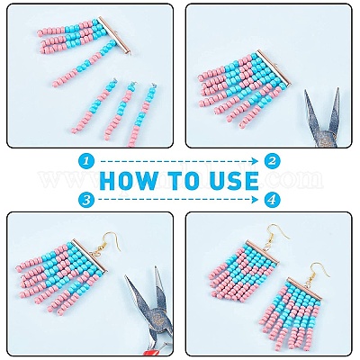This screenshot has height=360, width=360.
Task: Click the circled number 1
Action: [x=86, y=161]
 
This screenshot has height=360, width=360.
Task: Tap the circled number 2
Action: [x=272, y=161]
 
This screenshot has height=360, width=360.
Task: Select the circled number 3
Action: [x=86, y=200]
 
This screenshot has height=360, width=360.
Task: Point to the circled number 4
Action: [x=272, y=200]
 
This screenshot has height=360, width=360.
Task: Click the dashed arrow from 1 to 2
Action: [x=179, y=161]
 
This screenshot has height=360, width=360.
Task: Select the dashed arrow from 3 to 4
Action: [x=179, y=200]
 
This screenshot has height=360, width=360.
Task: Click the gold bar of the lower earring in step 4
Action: [x=305, y=287]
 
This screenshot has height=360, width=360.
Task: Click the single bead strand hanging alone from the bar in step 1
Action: [x=83, y=64]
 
